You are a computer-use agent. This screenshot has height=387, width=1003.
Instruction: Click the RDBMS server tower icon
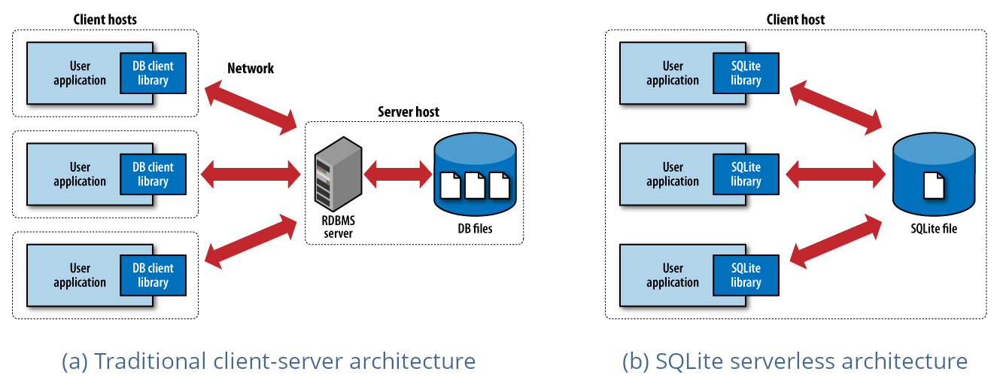pyautogui.click(x=334, y=174)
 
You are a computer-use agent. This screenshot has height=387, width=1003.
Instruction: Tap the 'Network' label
pyautogui.click(x=251, y=69)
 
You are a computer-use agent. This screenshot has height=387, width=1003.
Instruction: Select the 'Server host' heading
pyautogui.click(x=408, y=112)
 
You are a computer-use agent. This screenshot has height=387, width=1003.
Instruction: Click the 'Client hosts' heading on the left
pyautogui.click(x=105, y=20)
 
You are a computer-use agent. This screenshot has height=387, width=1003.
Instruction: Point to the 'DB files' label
pyautogui.click(x=475, y=228)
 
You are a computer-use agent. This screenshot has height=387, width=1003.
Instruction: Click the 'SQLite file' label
pyautogui.click(x=933, y=228)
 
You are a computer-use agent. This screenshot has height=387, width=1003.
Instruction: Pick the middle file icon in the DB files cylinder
pyautogui.click(x=475, y=184)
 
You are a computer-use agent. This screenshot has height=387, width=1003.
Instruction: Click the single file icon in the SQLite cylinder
pyautogui.click(x=933, y=184)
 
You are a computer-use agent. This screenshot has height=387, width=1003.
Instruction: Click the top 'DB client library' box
pyautogui.click(x=153, y=73)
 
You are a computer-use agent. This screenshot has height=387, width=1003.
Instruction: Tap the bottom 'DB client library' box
pyautogui.click(x=153, y=276)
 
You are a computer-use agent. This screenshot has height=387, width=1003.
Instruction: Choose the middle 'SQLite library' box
pyautogui.click(x=746, y=175)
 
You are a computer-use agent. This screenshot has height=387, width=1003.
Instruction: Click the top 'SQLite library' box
pyautogui.click(x=746, y=73)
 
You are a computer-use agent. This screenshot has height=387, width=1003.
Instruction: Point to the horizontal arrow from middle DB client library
pyautogui.click(x=251, y=175)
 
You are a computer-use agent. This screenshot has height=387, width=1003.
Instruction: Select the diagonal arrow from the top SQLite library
pyautogui.click(x=835, y=107)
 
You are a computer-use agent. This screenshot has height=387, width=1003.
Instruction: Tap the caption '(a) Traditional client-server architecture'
pyautogui.click(x=269, y=361)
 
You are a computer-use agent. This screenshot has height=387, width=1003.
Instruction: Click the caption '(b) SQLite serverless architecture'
pyautogui.click(x=795, y=361)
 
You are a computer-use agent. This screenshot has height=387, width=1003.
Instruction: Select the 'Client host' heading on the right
pyautogui.click(x=795, y=20)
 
